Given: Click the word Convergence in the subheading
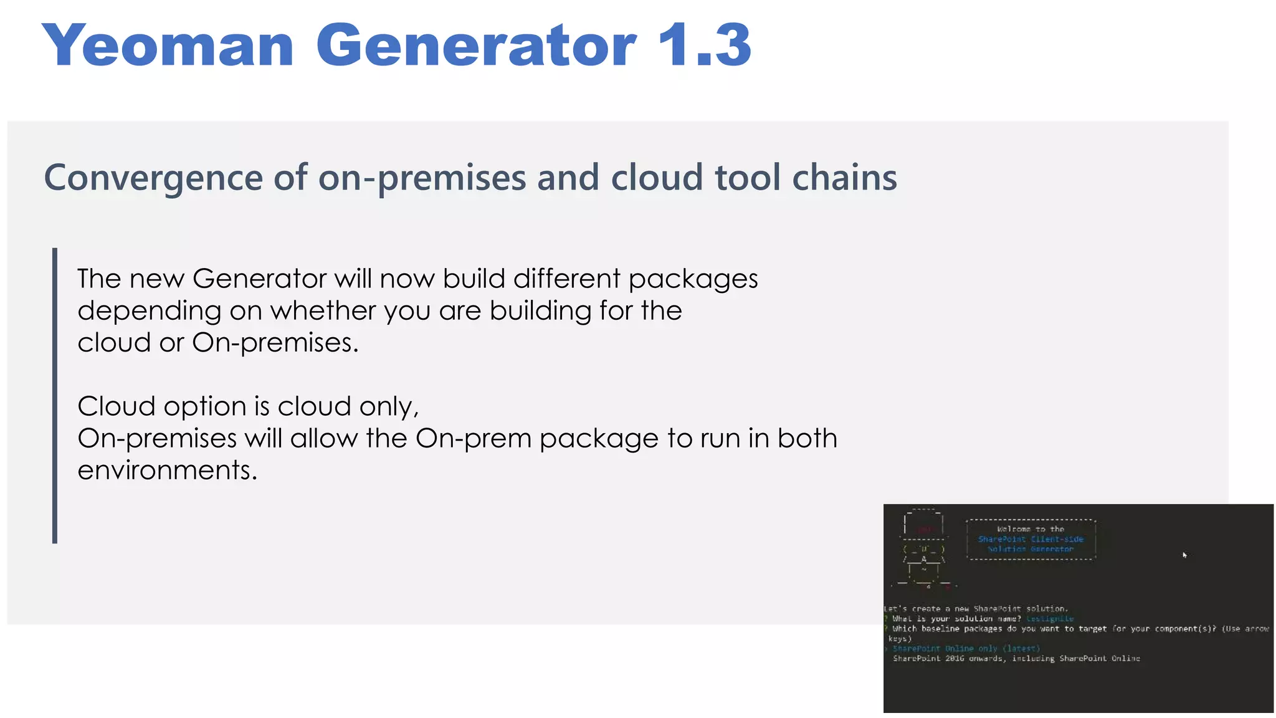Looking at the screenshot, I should pos(153,178).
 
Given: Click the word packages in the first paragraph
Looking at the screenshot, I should pos(693,279).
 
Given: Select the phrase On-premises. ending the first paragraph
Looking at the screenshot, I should pos(275,343).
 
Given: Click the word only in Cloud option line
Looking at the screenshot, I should pos(388,407).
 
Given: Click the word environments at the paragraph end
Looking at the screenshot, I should pos(167,471).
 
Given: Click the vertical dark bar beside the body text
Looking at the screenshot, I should pos(55,395).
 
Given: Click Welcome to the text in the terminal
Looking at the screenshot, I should pos(1031,529).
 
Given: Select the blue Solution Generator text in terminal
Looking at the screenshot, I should pos(1031,549).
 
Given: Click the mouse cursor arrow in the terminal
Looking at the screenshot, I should pos(1184,555).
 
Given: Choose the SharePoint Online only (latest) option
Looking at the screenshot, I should pos(966,649).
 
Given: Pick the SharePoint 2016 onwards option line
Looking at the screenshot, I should pos(1016,659).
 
